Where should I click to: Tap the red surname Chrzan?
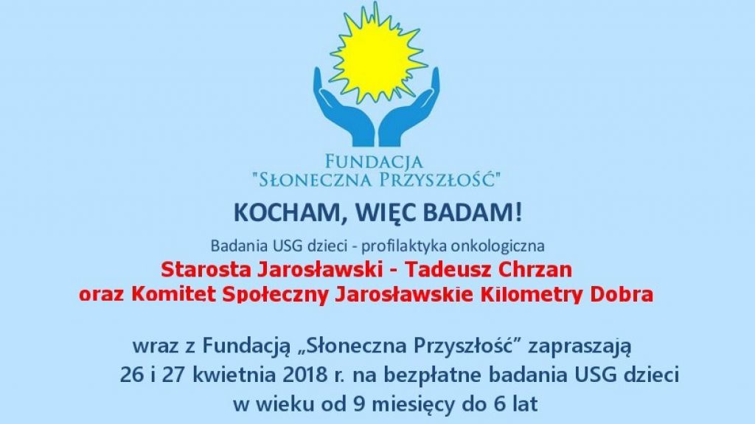click(537, 270)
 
